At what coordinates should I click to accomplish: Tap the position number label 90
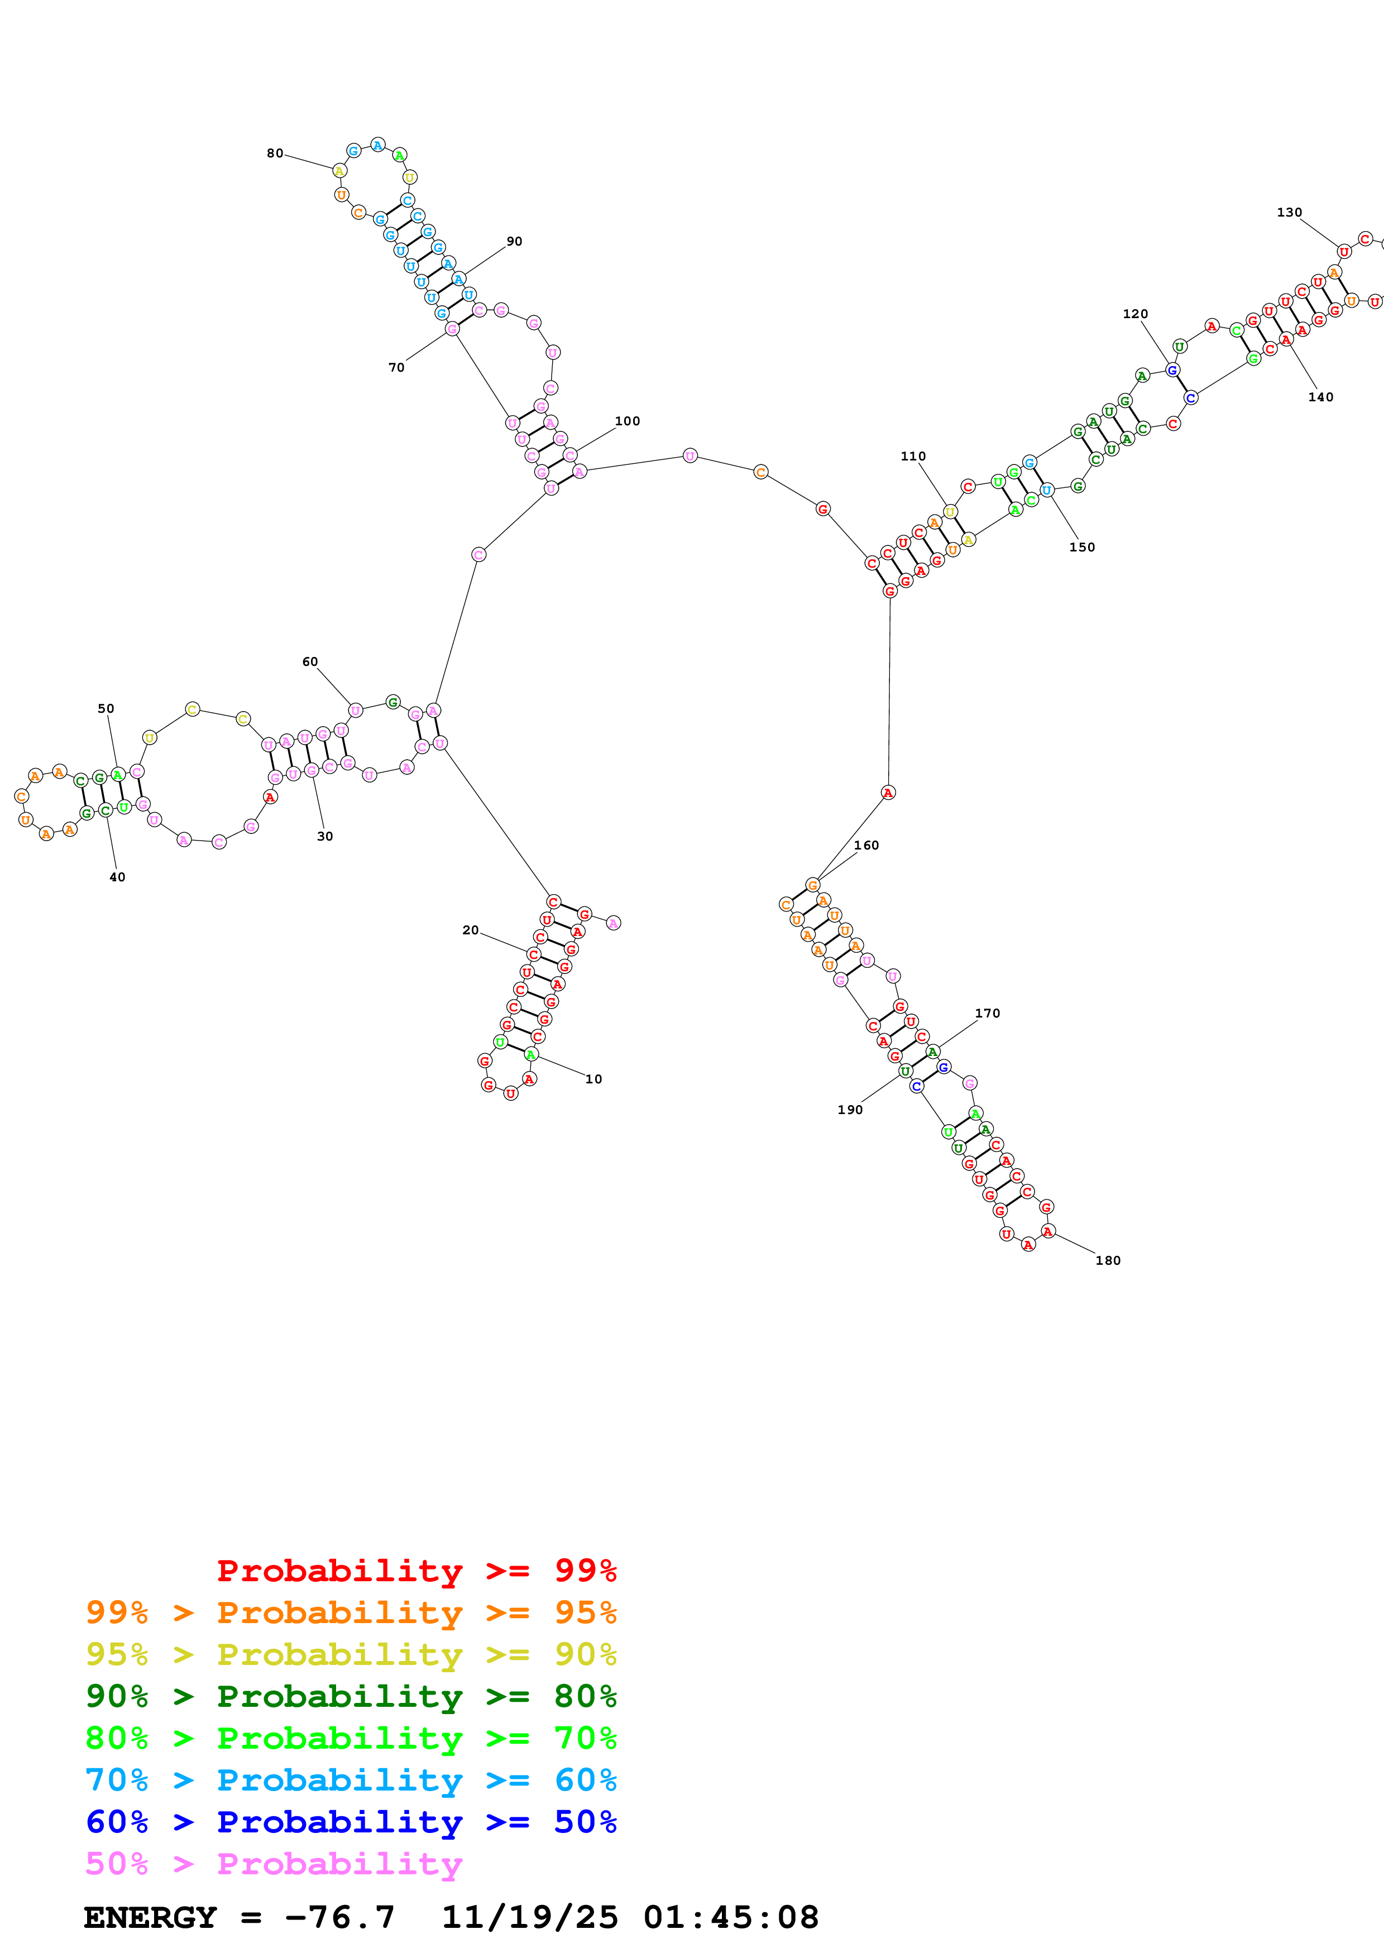pyautogui.click(x=514, y=241)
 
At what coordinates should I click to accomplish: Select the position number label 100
pyautogui.click(x=627, y=421)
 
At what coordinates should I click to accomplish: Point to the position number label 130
pyautogui.click(x=1289, y=212)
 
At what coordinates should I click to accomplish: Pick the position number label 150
pyautogui.click(x=1081, y=548)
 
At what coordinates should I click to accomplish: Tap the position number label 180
pyautogui.click(x=1108, y=1260)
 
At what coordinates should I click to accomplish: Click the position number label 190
pyautogui.click(x=849, y=1110)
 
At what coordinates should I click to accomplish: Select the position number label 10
pyautogui.click(x=593, y=1079)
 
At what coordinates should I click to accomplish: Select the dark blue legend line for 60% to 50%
pyautogui.click(x=351, y=1822)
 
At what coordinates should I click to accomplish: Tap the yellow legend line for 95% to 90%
pyautogui.click(x=351, y=1654)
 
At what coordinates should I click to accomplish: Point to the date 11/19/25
pyautogui.click(x=530, y=1917)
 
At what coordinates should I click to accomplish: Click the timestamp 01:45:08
pyautogui.click(x=731, y=1917)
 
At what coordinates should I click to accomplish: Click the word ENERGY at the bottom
pyautogui.click(x=150, y=1917)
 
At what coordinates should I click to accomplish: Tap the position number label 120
pyautogui.click(x=1135, y=314)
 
